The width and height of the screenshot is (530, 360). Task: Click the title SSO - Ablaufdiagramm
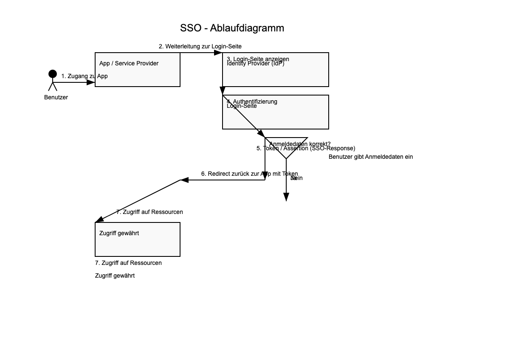pos(232,28)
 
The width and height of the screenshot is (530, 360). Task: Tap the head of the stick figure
pos(53,74)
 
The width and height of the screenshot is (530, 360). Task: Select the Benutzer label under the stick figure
pos(56,97)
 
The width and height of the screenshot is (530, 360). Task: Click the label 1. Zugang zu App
pos(85,76)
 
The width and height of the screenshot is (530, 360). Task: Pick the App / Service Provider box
pos(138,70)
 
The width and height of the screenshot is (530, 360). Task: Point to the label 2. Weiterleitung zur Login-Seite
pos(200,46)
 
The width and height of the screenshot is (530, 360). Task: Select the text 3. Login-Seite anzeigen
pos(258,59)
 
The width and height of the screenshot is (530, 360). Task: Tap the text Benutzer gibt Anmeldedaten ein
pos(371,157)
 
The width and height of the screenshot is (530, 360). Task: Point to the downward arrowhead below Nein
pos(286,197)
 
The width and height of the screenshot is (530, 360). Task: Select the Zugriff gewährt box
pos(138,239)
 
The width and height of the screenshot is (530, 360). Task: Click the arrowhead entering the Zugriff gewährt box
pos(99,219)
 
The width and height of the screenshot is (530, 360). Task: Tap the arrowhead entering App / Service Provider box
pos(91,82)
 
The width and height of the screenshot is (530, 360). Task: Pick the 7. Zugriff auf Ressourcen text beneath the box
pos(128,263)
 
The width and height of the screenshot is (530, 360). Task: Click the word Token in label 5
pos(271,149)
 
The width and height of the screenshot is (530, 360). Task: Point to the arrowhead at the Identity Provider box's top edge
pos(218,53)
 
